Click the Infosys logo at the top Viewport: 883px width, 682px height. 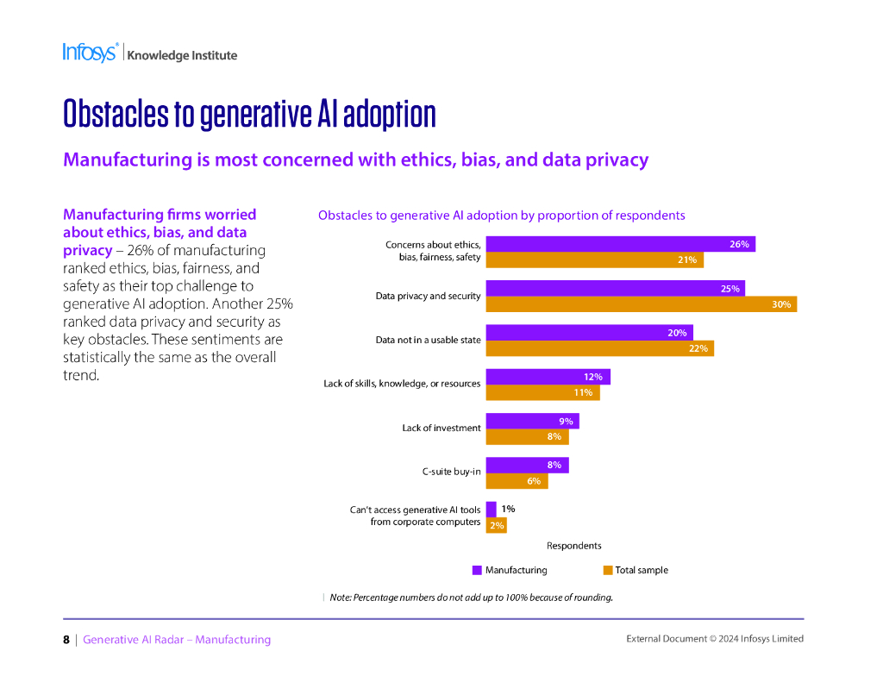coord(90,53)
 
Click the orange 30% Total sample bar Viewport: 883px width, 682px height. coord(641,304)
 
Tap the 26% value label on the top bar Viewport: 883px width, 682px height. coord(739,245)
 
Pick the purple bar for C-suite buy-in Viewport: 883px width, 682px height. coord(527,466)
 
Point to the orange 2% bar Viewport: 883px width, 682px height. coord(496,524)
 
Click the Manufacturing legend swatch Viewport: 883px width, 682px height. coord(477,570)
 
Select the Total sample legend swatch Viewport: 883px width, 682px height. coord(607,570)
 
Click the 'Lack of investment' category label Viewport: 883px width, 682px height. coord(441,428)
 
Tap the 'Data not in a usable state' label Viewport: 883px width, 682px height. coord(428,340)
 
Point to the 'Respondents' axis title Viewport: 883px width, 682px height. coord(573,546)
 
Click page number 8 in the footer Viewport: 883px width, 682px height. coord(66,640)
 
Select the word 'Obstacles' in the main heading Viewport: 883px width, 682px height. coord(116,115)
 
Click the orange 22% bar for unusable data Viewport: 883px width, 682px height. coord(599,348)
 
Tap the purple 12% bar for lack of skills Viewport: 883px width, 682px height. coord(548,377)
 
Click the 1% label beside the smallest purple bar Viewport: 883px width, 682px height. coord(508,510)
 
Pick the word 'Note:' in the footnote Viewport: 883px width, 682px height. coord(341,598)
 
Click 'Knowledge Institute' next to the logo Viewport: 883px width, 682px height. coord(182,55)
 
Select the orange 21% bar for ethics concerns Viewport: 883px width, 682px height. coord(594,260)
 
